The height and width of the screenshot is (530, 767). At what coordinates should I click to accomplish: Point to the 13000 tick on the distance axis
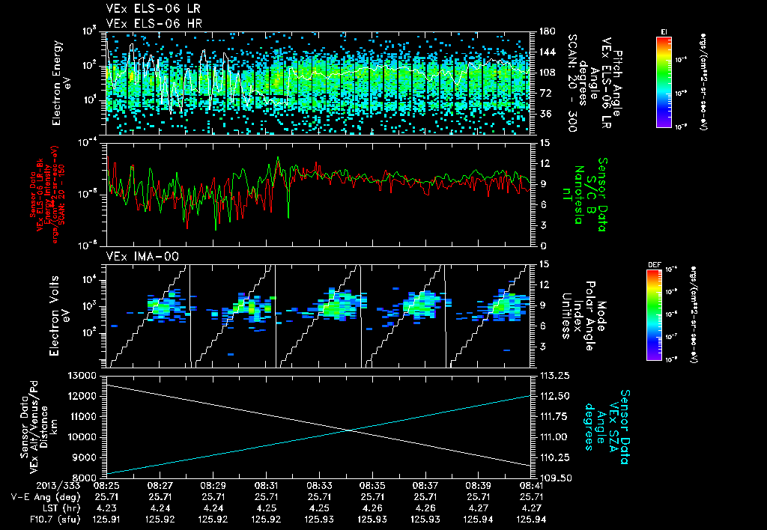coord(83,375)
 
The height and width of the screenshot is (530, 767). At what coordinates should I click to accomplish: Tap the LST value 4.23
coord(109,506)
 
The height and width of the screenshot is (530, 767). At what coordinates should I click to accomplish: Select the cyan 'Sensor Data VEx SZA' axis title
coord(607,421)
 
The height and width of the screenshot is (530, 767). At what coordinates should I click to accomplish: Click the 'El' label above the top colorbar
coord(664,31)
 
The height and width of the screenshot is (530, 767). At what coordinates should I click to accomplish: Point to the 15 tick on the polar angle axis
coord(545,264)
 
